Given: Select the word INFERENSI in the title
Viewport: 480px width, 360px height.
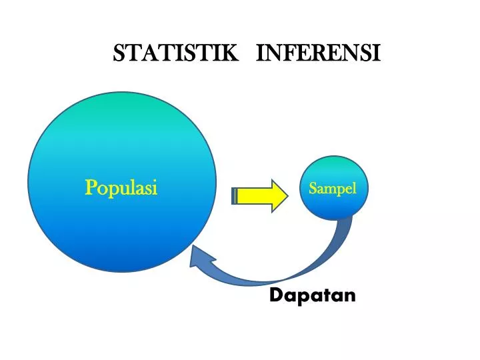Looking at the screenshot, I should click(x=318, y=53).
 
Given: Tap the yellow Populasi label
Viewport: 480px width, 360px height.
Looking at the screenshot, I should click(x=121, y=188).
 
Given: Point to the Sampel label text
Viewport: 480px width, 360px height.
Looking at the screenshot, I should click(x=333, y=189).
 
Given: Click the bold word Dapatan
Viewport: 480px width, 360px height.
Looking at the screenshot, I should click(x=312, y=296).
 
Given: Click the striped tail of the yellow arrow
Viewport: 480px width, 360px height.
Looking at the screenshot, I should click(x=235, y=196).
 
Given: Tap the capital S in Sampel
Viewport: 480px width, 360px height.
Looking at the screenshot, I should click(x=313, y=188).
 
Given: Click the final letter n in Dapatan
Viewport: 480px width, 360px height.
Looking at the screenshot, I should click(x=350, y=297).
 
